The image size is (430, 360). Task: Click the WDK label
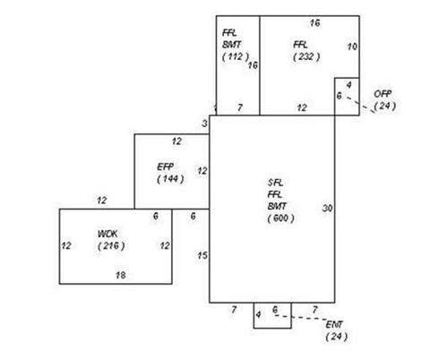pos(107,234)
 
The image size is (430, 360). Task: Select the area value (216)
pos(111,246)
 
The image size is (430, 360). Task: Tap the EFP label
pos(166,167)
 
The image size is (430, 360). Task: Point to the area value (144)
pos(170,179)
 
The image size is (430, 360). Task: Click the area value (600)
pos(280,219)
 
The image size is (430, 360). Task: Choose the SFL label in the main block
pos(275,183)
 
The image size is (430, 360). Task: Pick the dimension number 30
pos(327,208)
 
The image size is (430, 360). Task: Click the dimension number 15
pos(202,255)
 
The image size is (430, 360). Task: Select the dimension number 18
pos(121,275)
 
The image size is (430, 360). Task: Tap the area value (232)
pos(306,56)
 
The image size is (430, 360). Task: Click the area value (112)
pos(236,56)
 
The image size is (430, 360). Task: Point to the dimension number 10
pos(352,47)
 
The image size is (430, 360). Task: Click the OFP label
pos(383,94)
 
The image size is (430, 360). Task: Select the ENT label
pos(334,324)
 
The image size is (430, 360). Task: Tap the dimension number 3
pos(204,124)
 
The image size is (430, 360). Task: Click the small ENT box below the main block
pos(272,315)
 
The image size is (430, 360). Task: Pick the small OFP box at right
pos(347,97)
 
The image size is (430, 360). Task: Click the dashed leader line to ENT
pos(301,318)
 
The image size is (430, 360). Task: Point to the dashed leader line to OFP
pos(360,105)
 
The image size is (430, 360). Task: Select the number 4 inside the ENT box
pos(258,314)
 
